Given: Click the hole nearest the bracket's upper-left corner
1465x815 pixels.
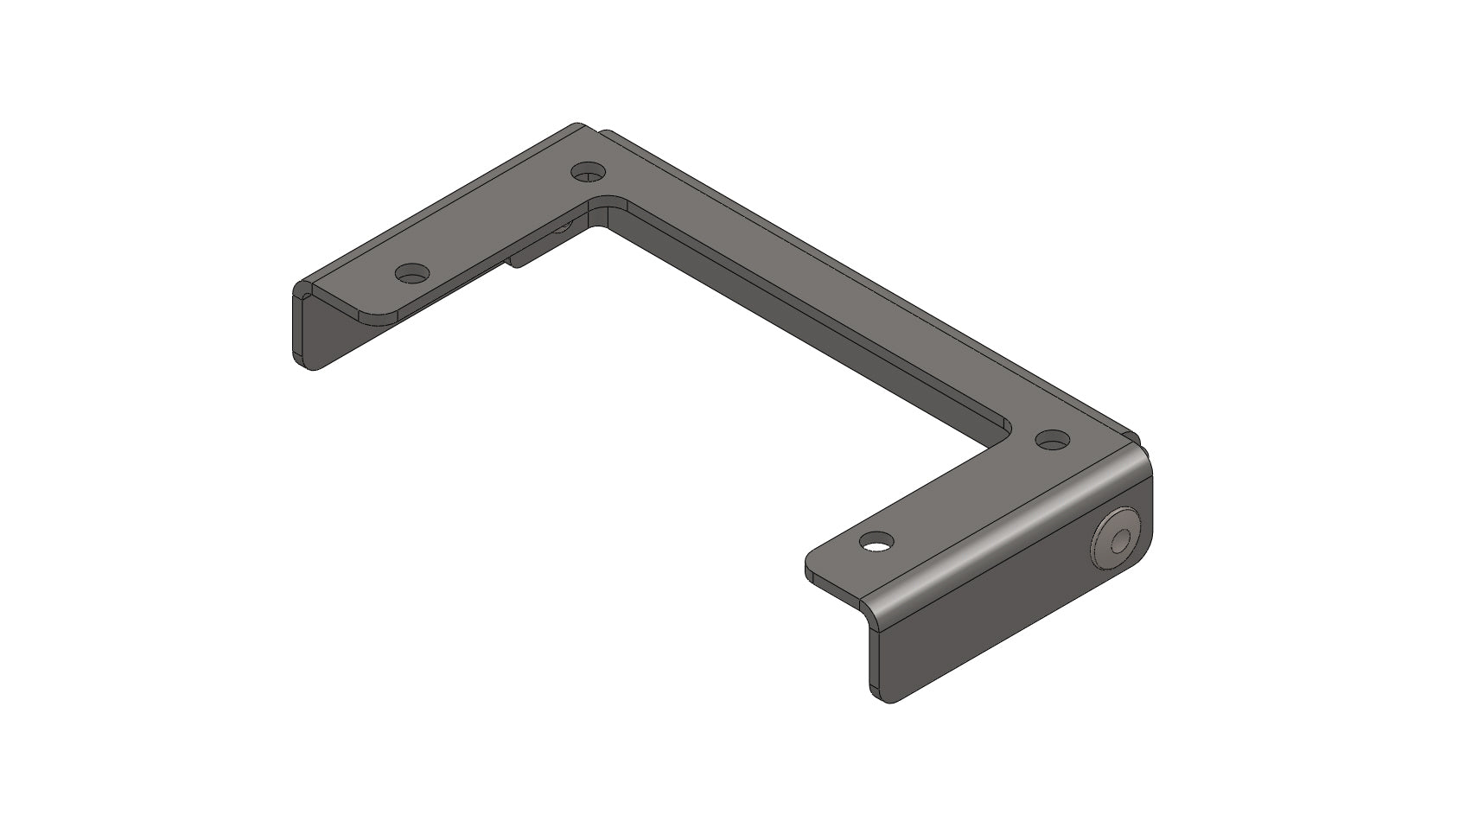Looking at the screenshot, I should coord(589,171).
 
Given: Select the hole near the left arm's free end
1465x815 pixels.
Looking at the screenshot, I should coord(412,274).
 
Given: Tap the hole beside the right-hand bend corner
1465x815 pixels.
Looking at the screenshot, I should coord(1051,440).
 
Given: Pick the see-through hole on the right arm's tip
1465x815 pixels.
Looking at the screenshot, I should coord(876,544).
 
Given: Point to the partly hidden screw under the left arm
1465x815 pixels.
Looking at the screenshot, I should coord(562,226).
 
